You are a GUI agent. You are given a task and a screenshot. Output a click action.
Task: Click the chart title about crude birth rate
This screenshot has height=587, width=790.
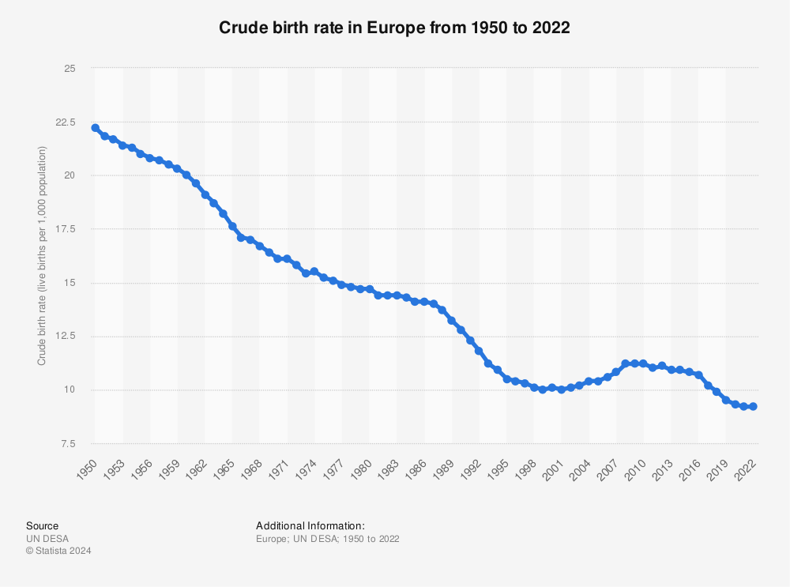point(394,27)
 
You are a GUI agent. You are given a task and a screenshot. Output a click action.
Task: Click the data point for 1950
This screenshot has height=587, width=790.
point(95,128)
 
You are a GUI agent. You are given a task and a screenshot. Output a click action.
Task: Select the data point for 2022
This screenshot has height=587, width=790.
point(754,406)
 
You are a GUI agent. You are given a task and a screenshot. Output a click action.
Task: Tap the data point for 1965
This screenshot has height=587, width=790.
point(232,226)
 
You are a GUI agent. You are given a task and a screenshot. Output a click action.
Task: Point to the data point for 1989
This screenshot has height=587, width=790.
point(452,321)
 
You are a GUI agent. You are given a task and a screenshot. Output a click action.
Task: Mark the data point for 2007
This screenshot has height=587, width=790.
point(616,372)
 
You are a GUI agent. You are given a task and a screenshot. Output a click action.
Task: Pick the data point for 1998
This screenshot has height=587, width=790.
point(534,388)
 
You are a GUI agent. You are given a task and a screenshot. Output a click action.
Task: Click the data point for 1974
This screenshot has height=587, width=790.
point(314,272)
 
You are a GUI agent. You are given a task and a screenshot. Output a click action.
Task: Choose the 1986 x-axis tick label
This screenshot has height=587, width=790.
point(419,470)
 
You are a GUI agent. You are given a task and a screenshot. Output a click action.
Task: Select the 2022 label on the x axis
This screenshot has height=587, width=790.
point(748,470)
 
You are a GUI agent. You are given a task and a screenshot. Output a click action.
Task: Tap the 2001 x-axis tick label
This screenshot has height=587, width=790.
point(556,470)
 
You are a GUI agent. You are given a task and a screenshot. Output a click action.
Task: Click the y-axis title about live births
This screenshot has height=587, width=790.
point(42,256)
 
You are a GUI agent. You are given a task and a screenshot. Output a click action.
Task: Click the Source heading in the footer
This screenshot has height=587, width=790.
point(42,526)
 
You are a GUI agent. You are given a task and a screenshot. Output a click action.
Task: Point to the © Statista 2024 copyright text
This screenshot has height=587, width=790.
point(58,551)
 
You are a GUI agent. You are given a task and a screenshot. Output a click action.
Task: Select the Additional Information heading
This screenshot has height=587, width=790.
point(310,526)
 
